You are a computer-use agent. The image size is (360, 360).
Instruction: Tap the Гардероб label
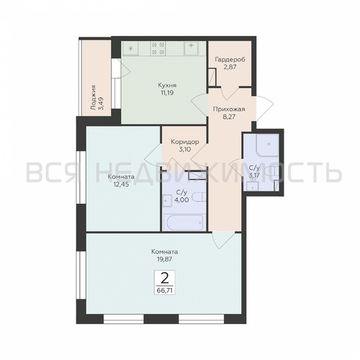[230, 59]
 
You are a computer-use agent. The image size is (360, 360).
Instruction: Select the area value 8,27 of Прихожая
[229, 117]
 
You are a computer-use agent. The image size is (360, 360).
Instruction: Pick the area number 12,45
[121, 184]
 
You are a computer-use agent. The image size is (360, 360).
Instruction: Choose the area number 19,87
[165, 259]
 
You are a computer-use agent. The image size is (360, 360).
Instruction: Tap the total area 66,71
[165, 290]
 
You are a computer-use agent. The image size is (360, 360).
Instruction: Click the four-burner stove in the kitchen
[158, 48]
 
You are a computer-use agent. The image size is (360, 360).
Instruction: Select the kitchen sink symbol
[192, 48]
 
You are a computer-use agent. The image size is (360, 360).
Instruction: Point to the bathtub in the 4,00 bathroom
[184, 222]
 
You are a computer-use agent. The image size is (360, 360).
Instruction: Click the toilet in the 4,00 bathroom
[200, 197]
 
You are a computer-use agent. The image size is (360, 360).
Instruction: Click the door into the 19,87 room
[223, 240]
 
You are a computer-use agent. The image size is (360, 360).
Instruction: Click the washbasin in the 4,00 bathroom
[167, 201]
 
